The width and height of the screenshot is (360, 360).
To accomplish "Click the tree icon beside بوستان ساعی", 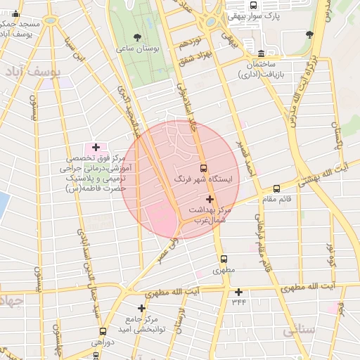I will (x=136, y=37).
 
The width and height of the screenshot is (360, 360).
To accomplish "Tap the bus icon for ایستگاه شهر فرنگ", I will (x=204, y=169).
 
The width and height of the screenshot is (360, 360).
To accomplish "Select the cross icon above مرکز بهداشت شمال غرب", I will (x=210, y=200).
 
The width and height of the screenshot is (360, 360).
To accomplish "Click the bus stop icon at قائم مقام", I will (x=276, y=188).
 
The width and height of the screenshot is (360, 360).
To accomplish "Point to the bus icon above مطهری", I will (x=224, y=259).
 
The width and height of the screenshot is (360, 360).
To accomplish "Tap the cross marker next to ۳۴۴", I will (x=238, y=292).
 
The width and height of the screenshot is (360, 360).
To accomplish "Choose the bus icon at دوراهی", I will (x=103, y=331).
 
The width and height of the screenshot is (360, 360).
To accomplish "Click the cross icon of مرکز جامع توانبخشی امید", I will (x=142, y=308).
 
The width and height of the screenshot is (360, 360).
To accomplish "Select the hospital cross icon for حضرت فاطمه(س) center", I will (x=96, y=147).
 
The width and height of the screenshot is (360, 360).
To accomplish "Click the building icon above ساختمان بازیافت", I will (x=261, y=53).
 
